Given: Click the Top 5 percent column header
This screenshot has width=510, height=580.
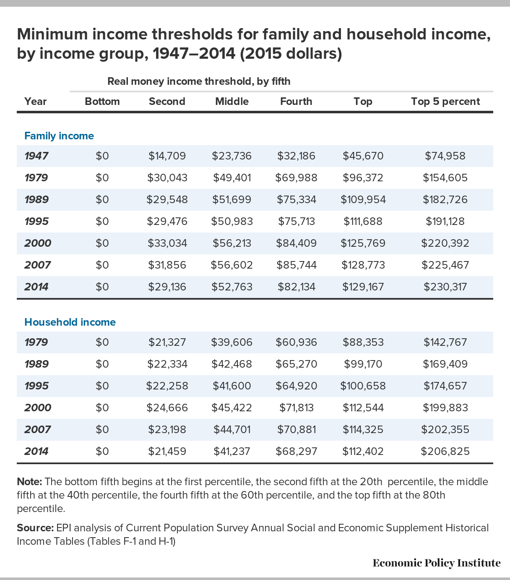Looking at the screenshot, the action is click(x=445, y=101).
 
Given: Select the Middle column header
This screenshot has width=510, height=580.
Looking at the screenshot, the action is click(x=232, y=101).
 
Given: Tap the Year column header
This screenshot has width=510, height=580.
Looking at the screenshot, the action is click(x=35, y=101).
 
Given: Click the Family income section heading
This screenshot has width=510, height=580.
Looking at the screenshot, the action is click(x=59, y=136).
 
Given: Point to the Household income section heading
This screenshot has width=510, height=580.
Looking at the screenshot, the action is click(x=70, y=322).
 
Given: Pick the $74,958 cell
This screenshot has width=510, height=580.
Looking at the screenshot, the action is click(x=445, y=156).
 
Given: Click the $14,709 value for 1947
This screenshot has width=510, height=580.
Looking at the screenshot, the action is click(x=167, y=156).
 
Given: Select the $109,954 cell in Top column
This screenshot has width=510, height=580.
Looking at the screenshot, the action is click(x=363, y=199).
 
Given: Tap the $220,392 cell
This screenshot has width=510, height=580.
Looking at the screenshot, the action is click(x=445, y=243).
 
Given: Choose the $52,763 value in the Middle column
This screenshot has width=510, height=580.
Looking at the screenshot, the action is click(x=232, y=287).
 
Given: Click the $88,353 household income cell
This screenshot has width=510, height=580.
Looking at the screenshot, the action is click(x=363, y=342).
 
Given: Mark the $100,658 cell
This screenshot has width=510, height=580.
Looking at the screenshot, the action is click(x=363, y=386).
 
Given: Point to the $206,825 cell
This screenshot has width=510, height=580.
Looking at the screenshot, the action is click(x=445, y=451).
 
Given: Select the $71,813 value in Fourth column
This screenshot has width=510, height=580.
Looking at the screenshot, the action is click(x=297, y=408).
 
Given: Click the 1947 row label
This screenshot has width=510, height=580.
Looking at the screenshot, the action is click(x=36, y=156).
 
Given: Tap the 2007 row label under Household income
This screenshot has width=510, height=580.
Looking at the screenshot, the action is click(x=37, y=429).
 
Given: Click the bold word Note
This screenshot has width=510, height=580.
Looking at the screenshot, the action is click(x=29, y=482).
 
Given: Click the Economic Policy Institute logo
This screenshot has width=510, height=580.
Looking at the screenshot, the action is click(x=437, y=563).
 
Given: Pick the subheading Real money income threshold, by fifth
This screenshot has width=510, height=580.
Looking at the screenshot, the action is click(x=199, y=81).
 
